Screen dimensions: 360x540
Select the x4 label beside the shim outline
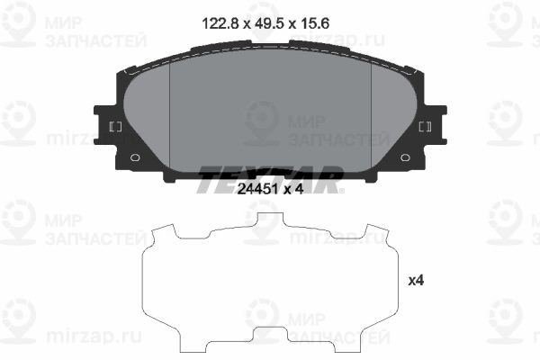coord(416,282)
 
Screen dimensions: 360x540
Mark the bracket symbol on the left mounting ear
coord(114,127)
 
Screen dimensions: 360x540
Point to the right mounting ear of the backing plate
coord(432,126)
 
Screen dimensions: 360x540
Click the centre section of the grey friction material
coord(270,112)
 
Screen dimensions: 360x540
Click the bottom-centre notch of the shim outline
coord(270,335)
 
